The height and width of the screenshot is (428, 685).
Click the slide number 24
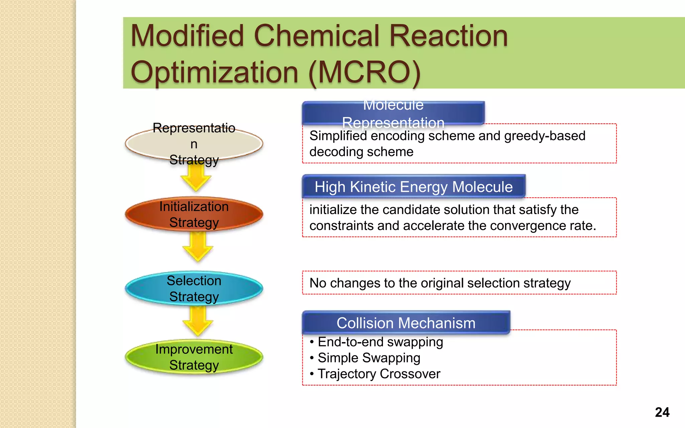[662, 412]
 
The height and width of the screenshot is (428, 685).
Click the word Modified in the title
[187, 36]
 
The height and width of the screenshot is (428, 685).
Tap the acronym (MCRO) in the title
[364, 73]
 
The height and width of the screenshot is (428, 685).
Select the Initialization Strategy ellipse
[194, 214]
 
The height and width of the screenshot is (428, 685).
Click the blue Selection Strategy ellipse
[194, 288]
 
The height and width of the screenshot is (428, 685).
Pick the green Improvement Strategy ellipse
[194, 357]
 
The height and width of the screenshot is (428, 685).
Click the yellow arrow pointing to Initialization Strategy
[196, 177]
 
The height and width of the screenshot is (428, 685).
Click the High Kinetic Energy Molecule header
[413, 187]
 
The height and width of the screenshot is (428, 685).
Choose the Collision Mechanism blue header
[406, 323]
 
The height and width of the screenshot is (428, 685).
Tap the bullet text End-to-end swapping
[380, 342]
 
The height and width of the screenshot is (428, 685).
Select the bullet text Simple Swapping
[369, 358]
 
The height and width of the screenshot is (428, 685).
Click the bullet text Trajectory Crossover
[379, 374]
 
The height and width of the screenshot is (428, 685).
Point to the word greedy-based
[545, 136]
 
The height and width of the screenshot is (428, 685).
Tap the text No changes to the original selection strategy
[440, 283]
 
